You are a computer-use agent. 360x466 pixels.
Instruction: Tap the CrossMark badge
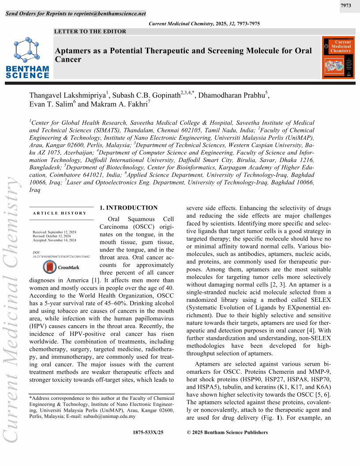(x=61, y=267)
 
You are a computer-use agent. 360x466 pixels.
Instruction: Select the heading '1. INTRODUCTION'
(x=128, y=208)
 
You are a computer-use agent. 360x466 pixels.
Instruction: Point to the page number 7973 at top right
(x=346, y=5)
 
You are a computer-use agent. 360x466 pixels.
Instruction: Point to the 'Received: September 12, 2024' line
(x=55, y=232)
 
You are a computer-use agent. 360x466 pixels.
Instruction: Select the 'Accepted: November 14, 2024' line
(x=55, y=240)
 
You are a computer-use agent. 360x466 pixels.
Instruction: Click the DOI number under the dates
(x=61, y=256)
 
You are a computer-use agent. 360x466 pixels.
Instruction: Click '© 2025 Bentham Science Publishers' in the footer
(x=227, y=432)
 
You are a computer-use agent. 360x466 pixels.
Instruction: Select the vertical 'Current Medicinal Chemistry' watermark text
(x=11, y=309)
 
